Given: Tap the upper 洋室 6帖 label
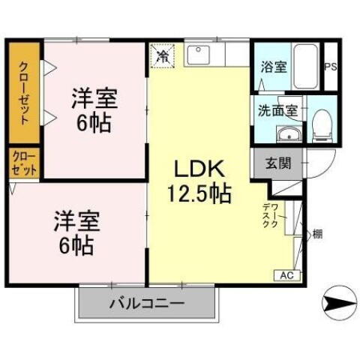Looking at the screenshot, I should pyautogui.click(x=94, y=109).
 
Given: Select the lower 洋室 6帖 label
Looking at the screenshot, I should pyautogui.click(x=75, y=234).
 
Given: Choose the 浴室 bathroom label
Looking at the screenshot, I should pyautogui.click(x=273, y=67).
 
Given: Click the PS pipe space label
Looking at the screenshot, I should pyautogui.click(x=331, y=67).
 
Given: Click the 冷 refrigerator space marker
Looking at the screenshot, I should pyautogui.click(x=162, y=55).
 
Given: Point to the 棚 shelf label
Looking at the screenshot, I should pyautogui.click(x=317, y=235).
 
